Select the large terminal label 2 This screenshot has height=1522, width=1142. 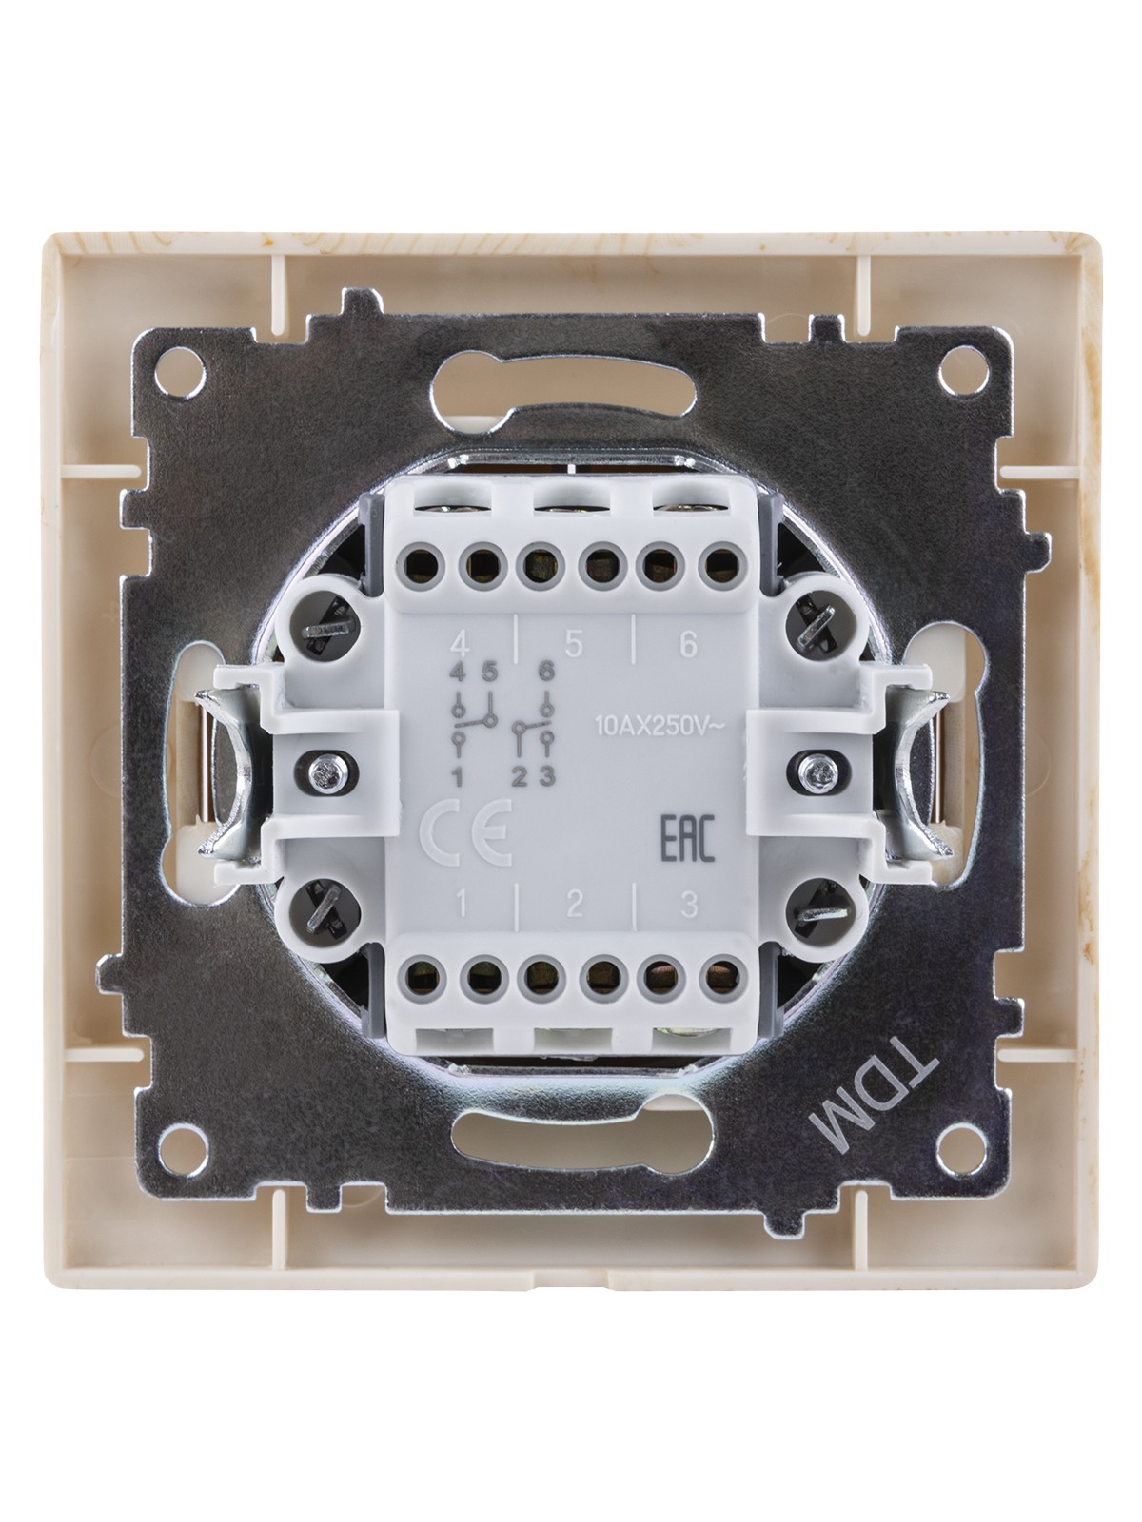(x=574, y=905)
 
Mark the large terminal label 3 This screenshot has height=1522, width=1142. (x=687, y=905)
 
